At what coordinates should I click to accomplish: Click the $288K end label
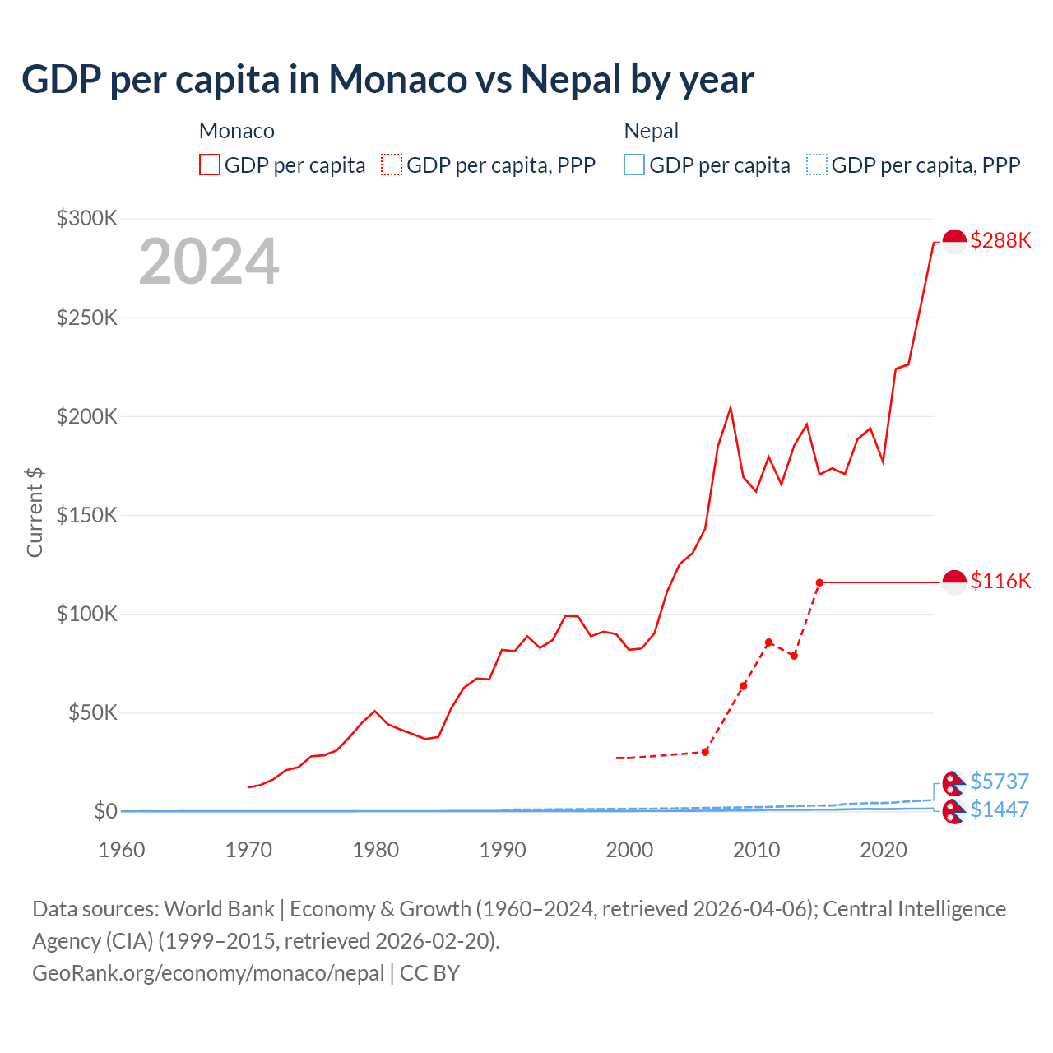tap(1000, 240)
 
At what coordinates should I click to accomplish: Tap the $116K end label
tap(1000, 581)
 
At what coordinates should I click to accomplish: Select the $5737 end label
tap(1000, 781)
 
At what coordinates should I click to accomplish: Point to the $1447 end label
tap(1000, 809)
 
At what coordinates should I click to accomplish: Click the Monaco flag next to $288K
tap(954, 242)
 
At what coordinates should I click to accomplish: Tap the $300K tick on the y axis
tap(87, 218)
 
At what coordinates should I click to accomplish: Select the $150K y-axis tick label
tap(87, 515)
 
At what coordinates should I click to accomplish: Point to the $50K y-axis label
tap(92, 712)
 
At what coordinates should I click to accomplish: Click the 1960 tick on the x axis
tap(122, 849)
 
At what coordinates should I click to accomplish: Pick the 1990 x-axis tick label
tap(503, 849)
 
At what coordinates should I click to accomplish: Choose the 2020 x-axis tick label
tap(884, 849)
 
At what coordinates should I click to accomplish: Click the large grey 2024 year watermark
tap(209, 262)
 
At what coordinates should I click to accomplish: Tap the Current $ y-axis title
tap(35, 512)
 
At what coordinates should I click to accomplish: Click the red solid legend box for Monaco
tap(210, 165)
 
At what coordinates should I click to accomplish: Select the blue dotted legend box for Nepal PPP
tap(817, 165)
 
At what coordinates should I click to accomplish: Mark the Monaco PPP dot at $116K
tap(819, 582)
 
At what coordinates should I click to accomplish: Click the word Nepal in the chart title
tap(571, 79)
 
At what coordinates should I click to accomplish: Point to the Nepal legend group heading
tap(652, 131)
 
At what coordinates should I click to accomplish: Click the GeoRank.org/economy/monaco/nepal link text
tap(208, 972)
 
